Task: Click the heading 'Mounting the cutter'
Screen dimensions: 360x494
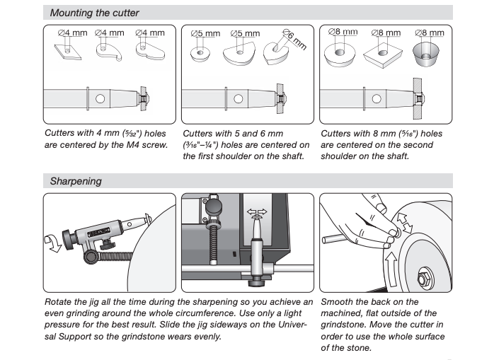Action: pos(94,13)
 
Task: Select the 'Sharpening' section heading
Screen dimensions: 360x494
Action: pos(76,181)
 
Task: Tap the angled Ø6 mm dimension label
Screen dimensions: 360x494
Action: pos(296,38)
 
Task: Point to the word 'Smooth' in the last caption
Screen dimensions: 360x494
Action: pos(339,301)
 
